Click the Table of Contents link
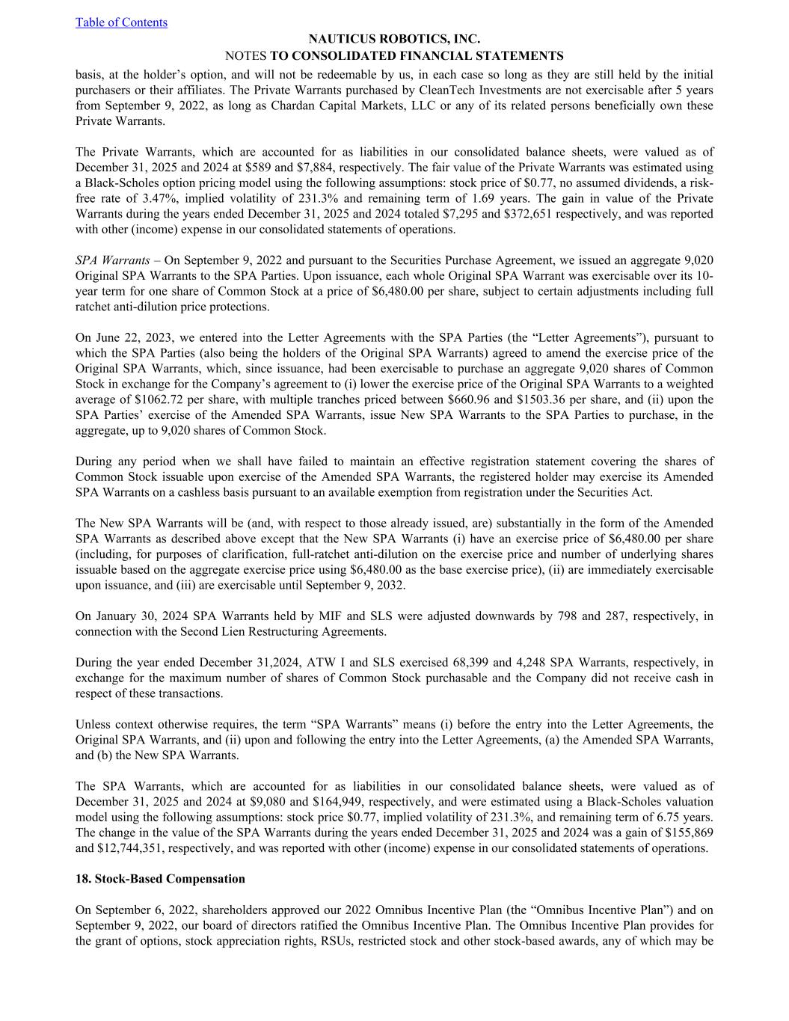tap(121, 22)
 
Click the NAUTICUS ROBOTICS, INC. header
tap(394, 39)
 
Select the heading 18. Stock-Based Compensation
tap(160, 879)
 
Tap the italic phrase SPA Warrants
tap(112, 260)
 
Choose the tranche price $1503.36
tap(543, 399)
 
